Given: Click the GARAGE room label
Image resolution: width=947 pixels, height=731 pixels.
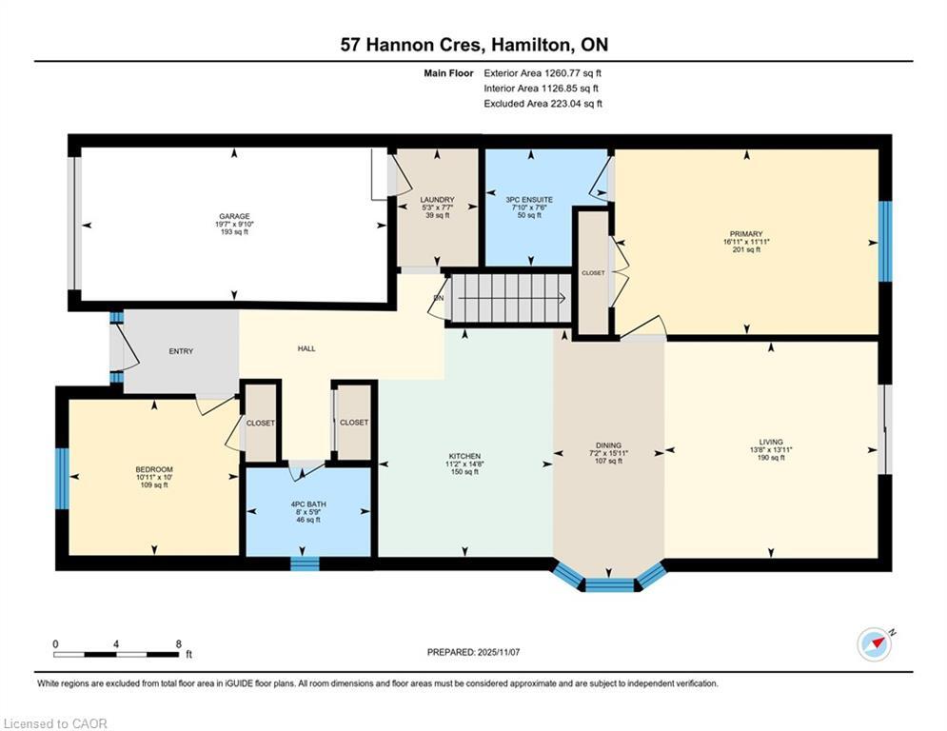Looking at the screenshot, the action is click(x=234, y=216).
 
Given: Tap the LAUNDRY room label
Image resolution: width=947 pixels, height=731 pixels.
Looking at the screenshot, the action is click(x=437, y=200).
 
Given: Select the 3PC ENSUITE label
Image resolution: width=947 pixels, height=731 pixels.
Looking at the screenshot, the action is click(x=530, y=200).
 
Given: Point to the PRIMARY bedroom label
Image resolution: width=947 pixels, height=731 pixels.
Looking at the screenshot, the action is click(x=746, y=234).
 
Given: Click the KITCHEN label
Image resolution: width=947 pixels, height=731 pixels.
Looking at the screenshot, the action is click(x=464, y=456).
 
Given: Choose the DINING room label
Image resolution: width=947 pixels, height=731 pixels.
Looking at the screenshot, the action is click(x=609, y=445).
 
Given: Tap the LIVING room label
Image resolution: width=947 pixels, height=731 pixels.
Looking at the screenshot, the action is click(x=771, y=443).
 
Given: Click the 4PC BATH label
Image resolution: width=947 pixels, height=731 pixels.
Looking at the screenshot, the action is click(x=308, y=504).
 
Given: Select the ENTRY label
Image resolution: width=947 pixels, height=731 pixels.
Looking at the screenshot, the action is click(x=181, y=351).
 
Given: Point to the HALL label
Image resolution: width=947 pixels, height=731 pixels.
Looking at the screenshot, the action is click(x=306, y=348).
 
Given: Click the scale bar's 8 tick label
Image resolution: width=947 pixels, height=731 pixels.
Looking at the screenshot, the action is click(x=179, y=644).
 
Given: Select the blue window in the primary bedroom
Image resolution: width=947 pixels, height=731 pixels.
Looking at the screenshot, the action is click(x=885, y=241).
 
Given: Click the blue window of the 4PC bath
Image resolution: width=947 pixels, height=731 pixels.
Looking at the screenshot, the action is click(x=305, y=563).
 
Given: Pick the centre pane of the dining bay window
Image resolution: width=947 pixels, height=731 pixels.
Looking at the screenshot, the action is click(x=609, y=584).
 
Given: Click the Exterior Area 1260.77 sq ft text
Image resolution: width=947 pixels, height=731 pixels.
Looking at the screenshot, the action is click(x=543, y=73).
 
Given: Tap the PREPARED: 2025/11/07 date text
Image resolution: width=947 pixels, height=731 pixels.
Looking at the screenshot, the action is click(x=474, y=652).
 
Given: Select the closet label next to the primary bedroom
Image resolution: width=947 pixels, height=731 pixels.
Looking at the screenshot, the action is click(x=593, y=273).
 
